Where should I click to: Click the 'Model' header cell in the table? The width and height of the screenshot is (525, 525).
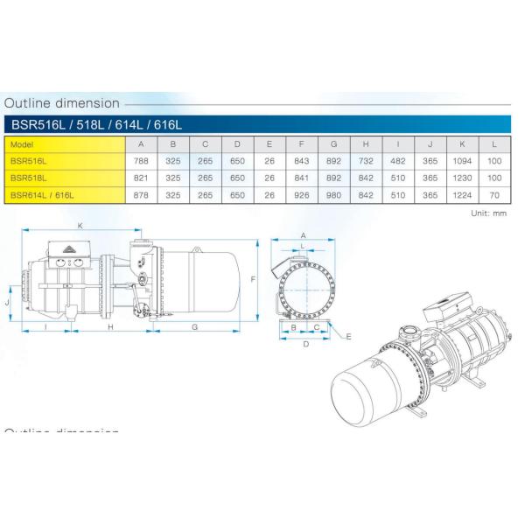pyautogui.click(x=23, y=144)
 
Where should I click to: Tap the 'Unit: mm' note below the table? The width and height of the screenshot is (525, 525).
pyautogui.click(x=489, y=212)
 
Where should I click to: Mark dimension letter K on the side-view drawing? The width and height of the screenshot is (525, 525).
pyautogui.click(x=80, y=226)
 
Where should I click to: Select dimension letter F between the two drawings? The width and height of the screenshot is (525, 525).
pyautogui.click(x=252, y=279)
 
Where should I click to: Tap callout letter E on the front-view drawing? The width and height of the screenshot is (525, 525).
pyautogui.click(x=347, y=336)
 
